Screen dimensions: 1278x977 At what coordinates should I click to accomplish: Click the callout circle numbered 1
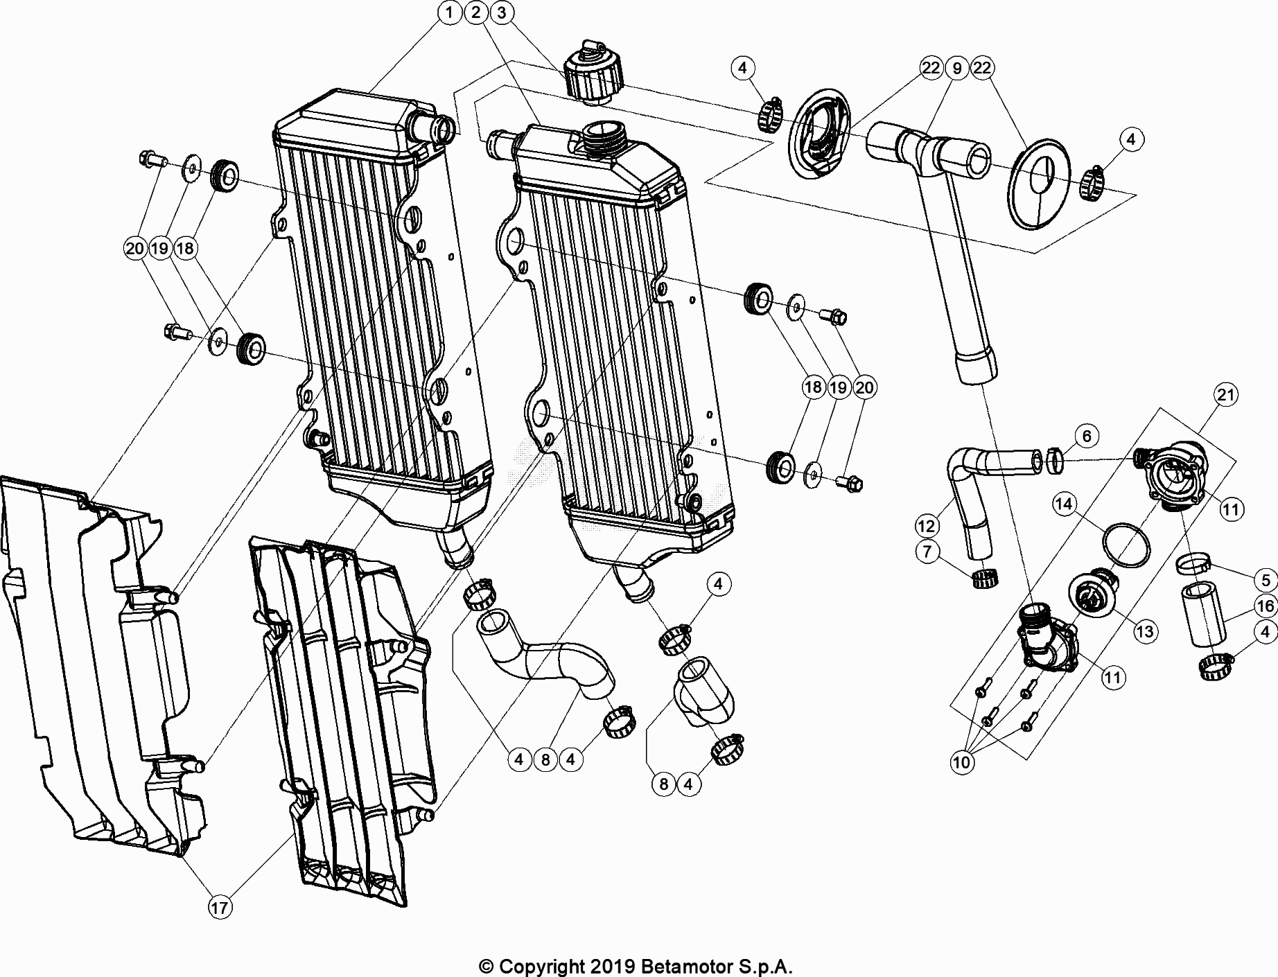450,12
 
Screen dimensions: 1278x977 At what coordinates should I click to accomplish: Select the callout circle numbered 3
502,12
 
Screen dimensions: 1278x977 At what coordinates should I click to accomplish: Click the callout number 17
220,908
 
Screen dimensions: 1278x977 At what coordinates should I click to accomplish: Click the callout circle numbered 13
1145,631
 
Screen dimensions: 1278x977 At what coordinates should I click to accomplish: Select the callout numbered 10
962,763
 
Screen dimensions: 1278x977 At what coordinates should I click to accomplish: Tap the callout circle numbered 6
1087,436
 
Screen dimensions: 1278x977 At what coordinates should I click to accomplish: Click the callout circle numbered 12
927,527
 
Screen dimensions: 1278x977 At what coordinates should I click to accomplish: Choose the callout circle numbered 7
927,552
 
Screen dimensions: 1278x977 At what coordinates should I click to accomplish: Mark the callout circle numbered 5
1266,581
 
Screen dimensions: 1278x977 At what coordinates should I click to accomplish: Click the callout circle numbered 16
1266,606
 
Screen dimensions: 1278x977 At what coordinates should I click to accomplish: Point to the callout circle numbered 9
957,68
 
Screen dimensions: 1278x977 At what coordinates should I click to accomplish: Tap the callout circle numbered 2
475,12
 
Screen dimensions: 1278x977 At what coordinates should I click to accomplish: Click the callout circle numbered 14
1065,504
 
